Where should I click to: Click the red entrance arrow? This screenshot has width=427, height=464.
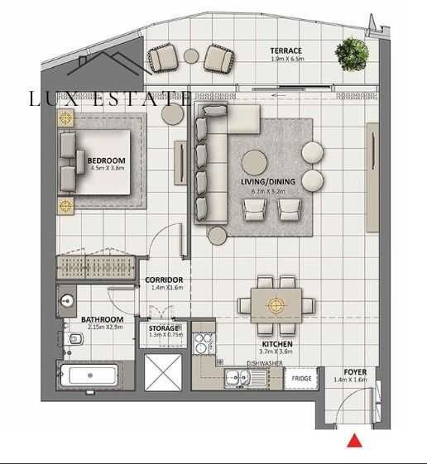pos(354,441)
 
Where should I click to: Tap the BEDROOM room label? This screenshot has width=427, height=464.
pos(106,160)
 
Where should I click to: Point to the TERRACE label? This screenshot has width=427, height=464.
pos(285,51)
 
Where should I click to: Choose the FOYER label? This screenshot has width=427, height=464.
pos(355,372)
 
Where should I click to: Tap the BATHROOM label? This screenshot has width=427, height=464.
pos(102,319)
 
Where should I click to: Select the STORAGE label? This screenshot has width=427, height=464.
pos(164,328)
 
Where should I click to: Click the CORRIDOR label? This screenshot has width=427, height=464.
pos(164,280)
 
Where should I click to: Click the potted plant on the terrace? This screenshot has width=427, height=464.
pos(352,54)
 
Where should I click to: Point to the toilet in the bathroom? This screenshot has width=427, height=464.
pos(74,337)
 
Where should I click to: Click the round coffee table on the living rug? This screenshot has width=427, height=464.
pos(254,161)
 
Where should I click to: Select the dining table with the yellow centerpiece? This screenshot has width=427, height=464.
pos(276,304)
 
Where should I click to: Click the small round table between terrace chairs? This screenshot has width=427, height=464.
pos(191,56)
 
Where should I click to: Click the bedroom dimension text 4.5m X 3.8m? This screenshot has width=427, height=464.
pos(106,169)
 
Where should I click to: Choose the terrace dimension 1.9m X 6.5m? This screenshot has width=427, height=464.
pos(286,60)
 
